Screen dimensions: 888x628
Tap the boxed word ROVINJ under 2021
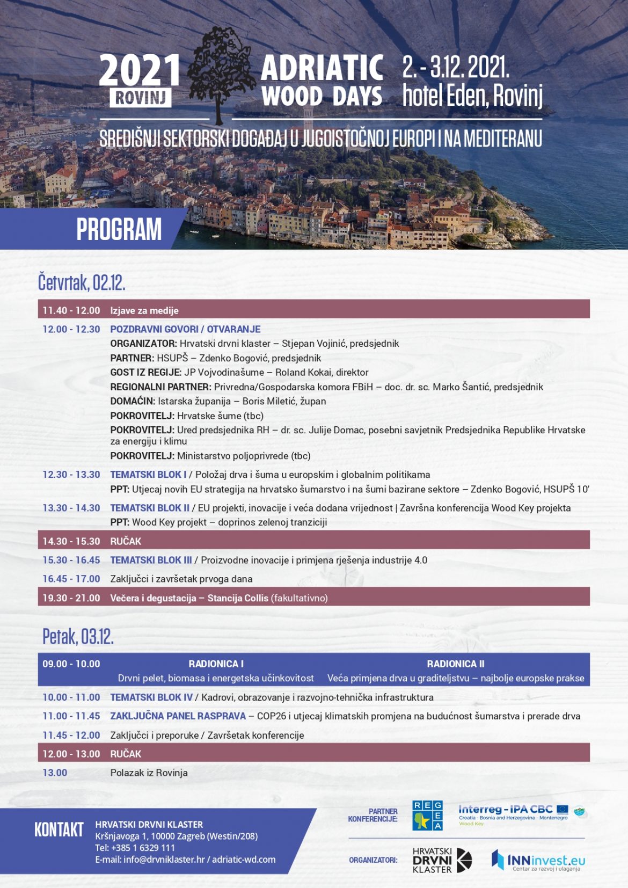(141, 98)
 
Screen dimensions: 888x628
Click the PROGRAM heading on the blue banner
(119, 229)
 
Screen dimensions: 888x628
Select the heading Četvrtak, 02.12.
(82, 282)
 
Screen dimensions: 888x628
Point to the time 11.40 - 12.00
(71, 310)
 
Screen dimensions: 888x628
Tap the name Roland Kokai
(302, 372)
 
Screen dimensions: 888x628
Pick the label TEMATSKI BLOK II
(150, 508)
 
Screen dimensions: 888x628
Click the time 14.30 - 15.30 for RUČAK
(71, 541)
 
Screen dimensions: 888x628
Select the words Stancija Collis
(238, 598)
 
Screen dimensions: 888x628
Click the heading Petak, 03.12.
(78, 637)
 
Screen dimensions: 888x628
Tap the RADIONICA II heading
(455, 664)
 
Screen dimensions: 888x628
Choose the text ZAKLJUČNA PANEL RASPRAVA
(178, 716)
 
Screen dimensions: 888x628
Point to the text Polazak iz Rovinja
(149, 773)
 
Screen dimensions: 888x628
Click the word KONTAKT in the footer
(59, 830)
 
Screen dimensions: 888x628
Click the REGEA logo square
(427, 816)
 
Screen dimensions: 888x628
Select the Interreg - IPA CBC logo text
(505, 810)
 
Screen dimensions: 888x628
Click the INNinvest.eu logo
(538, 861)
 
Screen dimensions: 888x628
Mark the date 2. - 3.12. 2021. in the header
(456, 68)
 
